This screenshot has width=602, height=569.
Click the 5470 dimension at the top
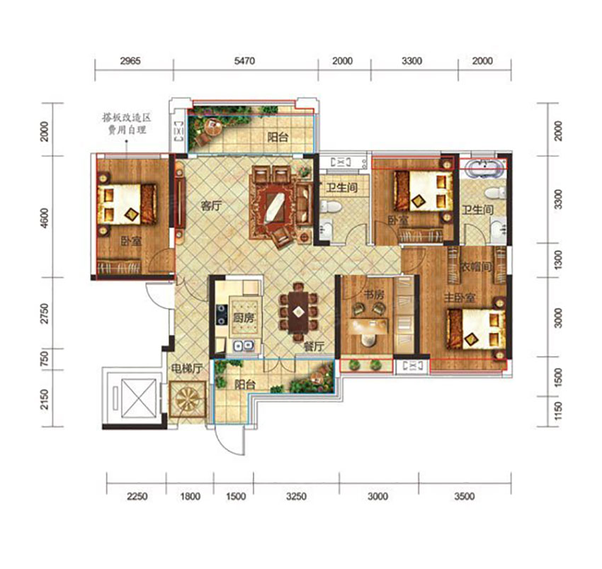(244, 61)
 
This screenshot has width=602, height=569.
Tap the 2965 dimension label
(130, 61)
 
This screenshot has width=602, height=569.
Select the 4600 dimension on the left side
(45, 218)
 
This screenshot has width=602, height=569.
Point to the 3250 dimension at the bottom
(296, 497)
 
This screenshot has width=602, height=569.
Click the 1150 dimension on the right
(559, 410)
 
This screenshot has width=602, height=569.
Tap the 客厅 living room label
(212, 206)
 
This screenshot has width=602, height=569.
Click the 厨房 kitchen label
(244, 318)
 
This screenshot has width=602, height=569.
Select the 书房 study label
(373, 295)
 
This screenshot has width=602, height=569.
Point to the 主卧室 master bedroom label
(460, 298)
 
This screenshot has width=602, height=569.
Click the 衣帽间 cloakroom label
(476, 266)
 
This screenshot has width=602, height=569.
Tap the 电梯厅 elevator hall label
(186, 369)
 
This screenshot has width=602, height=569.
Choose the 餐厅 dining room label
(314, 347)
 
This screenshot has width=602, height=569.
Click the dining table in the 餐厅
(299, 312)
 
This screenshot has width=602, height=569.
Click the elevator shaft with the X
(139, 398)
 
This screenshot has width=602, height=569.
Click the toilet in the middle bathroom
(330, 207)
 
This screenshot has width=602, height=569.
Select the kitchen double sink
(244, 346)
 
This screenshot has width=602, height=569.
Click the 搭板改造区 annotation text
(127, 117)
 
